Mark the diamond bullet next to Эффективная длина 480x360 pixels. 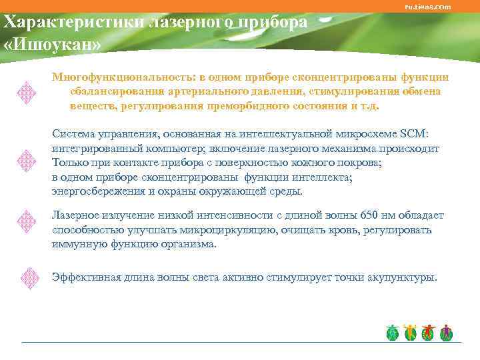[27, 277]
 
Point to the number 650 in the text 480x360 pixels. [369, 215]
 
